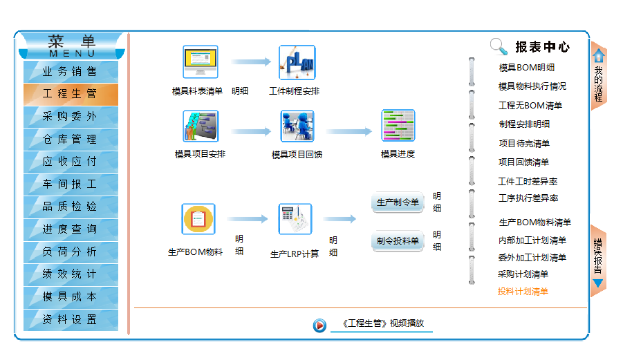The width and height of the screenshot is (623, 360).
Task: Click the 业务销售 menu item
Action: click(x=70, y=71)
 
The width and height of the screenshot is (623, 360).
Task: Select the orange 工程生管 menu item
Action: click(x=70, y=94)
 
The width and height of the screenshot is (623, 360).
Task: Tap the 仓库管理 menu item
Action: click(x=70, y=139)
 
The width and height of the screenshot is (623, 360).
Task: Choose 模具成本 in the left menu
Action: click(x=70, y=296)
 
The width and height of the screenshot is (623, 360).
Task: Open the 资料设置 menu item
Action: click(x=70, y=319)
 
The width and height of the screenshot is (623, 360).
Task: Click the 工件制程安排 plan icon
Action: click(x=297, y=62)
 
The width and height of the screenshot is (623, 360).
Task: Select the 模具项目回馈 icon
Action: click(x=297, y=126)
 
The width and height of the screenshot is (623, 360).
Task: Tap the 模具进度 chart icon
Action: click(x=398, y=126)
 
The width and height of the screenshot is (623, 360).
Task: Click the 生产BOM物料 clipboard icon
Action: click(x=198, y=219)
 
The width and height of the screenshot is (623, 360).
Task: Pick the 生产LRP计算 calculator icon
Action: click(x=295, y=219)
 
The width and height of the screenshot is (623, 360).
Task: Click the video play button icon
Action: click(x=319, y=325)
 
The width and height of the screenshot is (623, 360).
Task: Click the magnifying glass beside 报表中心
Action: click(x=499, y=46)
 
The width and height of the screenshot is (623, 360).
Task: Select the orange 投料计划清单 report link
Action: click(x=523, y=292)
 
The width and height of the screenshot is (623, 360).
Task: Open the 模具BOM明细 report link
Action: click(x=526, y=68)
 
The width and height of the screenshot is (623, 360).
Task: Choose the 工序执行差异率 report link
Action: click(x=528, y=198)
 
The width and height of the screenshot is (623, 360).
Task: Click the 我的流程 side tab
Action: click(x=599, y=76)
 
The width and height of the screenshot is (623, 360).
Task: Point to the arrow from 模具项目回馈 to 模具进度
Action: click(x=349, y=131)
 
